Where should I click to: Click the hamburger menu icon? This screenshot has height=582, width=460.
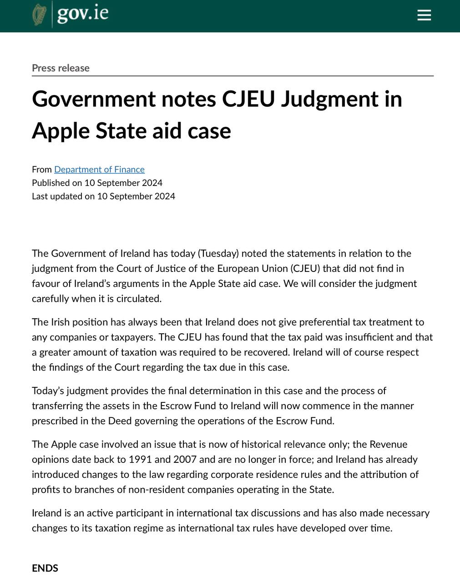(424, 15)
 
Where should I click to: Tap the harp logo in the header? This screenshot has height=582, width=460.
(40, 15)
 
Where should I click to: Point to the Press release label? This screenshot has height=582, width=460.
(61, 68)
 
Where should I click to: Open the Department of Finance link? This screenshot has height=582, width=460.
(99, 170)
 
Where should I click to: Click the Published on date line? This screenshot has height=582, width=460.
(97, 183)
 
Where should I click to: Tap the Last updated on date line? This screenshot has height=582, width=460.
(103, 196)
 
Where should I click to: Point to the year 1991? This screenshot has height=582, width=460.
(141, 459)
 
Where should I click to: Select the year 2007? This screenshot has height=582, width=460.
(185, 459)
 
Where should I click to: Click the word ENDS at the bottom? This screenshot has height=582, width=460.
(45, 568)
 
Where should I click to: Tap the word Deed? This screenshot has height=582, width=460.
(120, 421)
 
